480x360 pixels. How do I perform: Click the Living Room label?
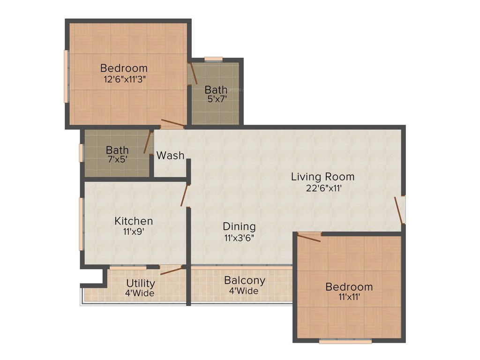(x=322, y=177)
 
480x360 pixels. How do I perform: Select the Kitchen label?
(x=134, y=221)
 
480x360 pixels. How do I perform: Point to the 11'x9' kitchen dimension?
(x=134, y=232)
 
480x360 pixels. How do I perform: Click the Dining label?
(x=239, y=226)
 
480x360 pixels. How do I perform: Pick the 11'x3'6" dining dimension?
(x=240, y=237)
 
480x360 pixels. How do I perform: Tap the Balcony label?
(x=244, y=280)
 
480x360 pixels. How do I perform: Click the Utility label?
(x=141, y=283)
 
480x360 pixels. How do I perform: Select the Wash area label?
(x=170, y=155)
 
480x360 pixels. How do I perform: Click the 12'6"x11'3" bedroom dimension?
(x=124, y=79)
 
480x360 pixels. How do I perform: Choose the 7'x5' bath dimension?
(x=117, y=159)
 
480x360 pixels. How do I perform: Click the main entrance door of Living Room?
(x=399, y=210)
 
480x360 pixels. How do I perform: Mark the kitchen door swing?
(x=185, y=195)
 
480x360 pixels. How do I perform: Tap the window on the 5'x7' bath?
(x=213, y=59)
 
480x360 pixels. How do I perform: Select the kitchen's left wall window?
(x=81, y=223)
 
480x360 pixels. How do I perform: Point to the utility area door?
(x=171, y=270)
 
